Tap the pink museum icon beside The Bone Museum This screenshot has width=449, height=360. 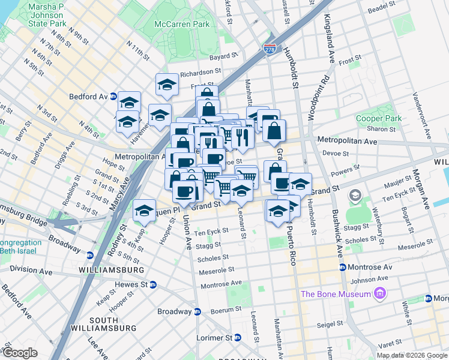coord(379,293)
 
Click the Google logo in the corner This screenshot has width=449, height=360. coord(20,353)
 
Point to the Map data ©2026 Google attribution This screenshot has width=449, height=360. coord(412,355)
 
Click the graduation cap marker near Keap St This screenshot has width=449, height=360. coord(144,211)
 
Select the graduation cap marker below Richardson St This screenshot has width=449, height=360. coord(167,85)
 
